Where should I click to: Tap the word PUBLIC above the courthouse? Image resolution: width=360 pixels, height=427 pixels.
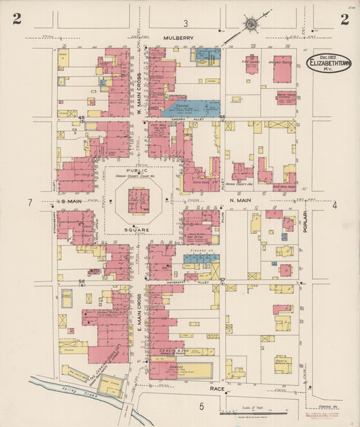[x=141, y=172]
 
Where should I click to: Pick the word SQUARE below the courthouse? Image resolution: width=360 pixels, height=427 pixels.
[x=141, y=230]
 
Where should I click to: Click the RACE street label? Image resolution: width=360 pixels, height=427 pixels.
[x=216, y=389]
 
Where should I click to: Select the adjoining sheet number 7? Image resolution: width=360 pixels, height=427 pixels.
[x=30, y=203]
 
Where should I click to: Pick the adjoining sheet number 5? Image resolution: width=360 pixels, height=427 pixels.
[x=201, y=405]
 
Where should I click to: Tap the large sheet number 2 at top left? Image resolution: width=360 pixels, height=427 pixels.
[x=17, y=19]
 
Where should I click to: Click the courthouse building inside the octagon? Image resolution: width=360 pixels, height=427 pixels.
[x=139, y=201]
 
